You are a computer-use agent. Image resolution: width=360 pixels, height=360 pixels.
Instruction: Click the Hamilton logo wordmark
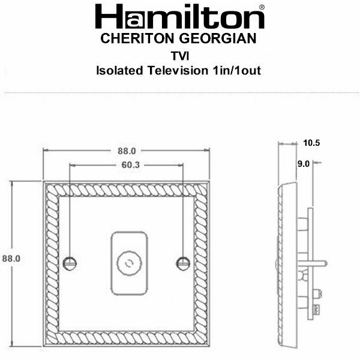click(x=180, y=16)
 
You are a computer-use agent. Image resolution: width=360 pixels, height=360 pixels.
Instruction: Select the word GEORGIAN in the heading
click(x=218, y=38)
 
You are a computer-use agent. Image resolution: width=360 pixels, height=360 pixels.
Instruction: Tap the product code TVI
click(x=180, y=56)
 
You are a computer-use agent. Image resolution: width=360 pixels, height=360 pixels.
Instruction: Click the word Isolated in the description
click(x=119, y=70)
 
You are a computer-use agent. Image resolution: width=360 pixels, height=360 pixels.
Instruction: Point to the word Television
click(x=178, y=70)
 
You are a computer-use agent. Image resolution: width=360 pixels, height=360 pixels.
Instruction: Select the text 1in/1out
click(x=237, y=70)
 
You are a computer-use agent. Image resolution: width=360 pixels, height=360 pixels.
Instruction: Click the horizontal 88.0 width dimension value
click(x=127, y=151)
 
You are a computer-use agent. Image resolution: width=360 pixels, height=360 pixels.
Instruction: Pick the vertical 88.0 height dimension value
click(x=11, y=259)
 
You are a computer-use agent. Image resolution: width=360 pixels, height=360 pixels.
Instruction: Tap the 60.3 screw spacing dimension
click(x=130, y=165)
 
